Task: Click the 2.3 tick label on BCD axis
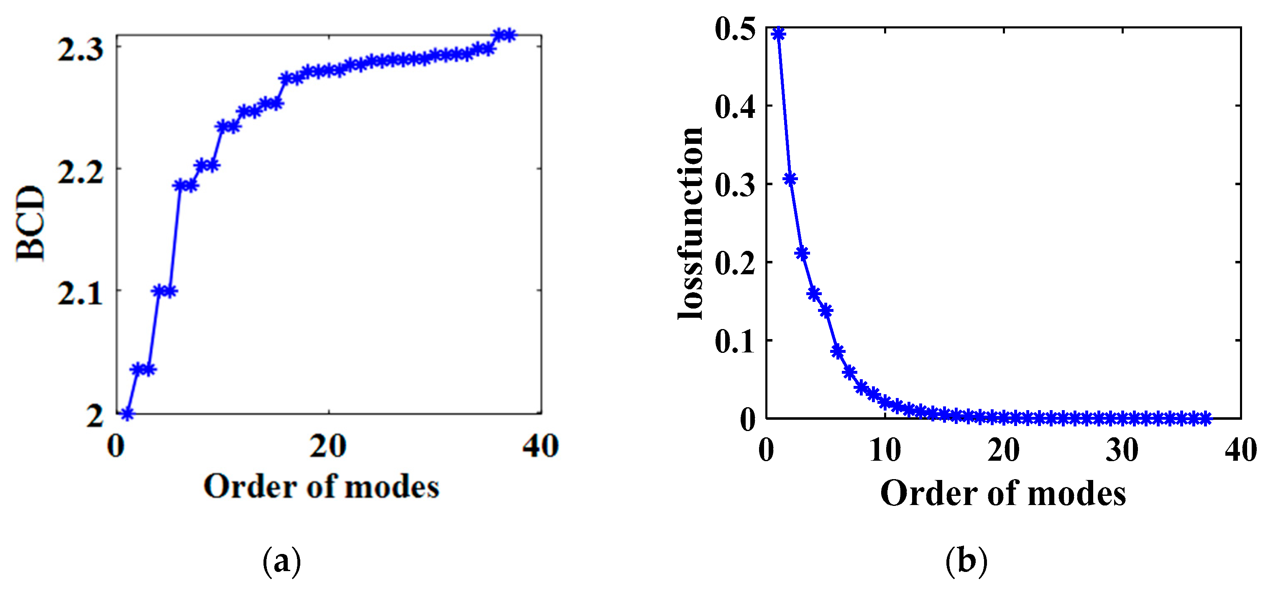pos(81,49)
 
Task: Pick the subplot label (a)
pos(281,561)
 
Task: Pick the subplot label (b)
pos(966,561)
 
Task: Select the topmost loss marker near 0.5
pos(779,34)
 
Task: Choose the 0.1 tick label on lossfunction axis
pos(735,342)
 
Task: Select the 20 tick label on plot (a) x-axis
pos(328,447)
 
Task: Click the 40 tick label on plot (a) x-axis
pos(540,447)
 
